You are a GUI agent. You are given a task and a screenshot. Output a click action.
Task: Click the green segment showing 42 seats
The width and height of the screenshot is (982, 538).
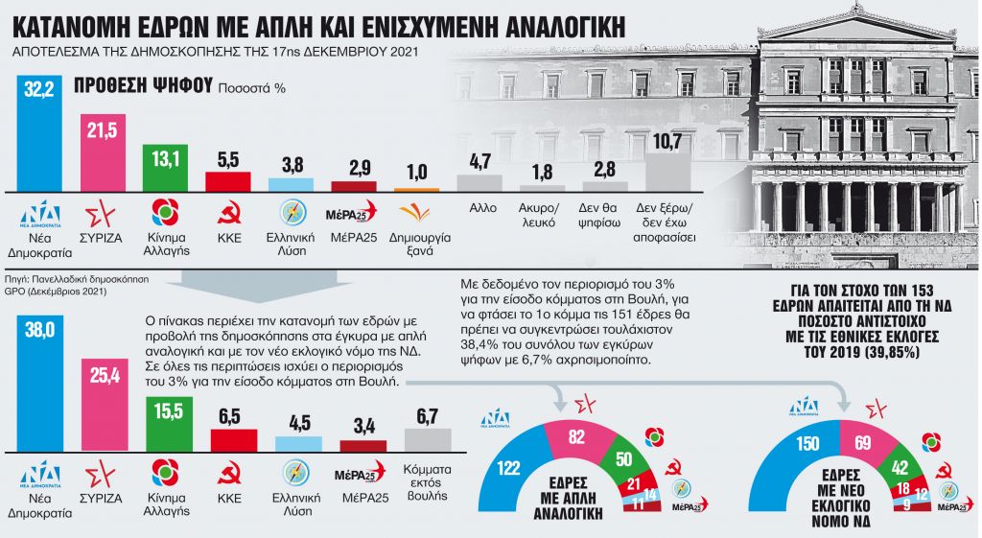pos(900,454)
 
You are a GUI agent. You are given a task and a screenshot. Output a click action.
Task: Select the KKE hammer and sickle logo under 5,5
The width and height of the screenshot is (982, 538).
pos(228,212)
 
